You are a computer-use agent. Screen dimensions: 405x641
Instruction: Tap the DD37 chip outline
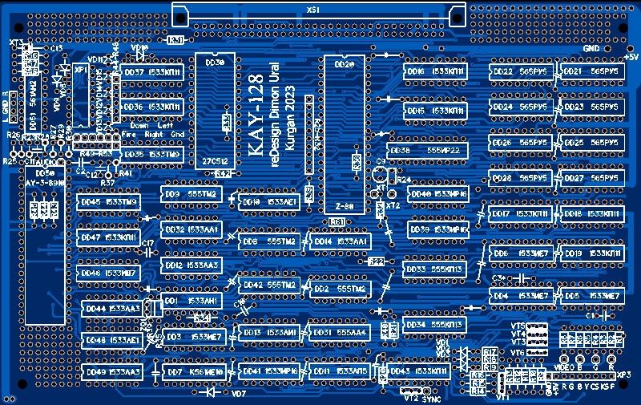click(x=151, y=73)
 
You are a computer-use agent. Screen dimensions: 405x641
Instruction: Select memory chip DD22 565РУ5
click(x=522, y=71)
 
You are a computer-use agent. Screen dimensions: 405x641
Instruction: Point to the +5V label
click(x=631, y=57)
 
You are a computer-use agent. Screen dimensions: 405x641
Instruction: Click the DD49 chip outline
click(x=112, y=372)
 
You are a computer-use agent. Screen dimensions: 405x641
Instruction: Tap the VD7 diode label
click(x=238, y=394)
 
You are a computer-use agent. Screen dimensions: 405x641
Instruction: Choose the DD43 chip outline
click(x=417, y=371)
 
